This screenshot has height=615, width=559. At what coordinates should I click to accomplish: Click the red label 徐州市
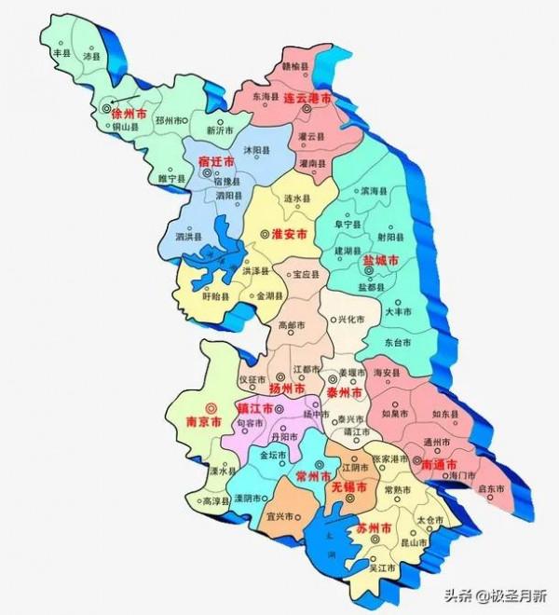coord(128,113)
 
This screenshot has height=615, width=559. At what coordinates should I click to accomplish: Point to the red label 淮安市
coord(289,236)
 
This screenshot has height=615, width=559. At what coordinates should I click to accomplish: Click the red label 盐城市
coord(381,262)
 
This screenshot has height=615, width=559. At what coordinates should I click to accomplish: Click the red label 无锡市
coord(342,485)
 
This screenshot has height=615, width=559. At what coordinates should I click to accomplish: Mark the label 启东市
coord(491,488)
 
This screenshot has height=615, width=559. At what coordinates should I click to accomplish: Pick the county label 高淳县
coord(215,500)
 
